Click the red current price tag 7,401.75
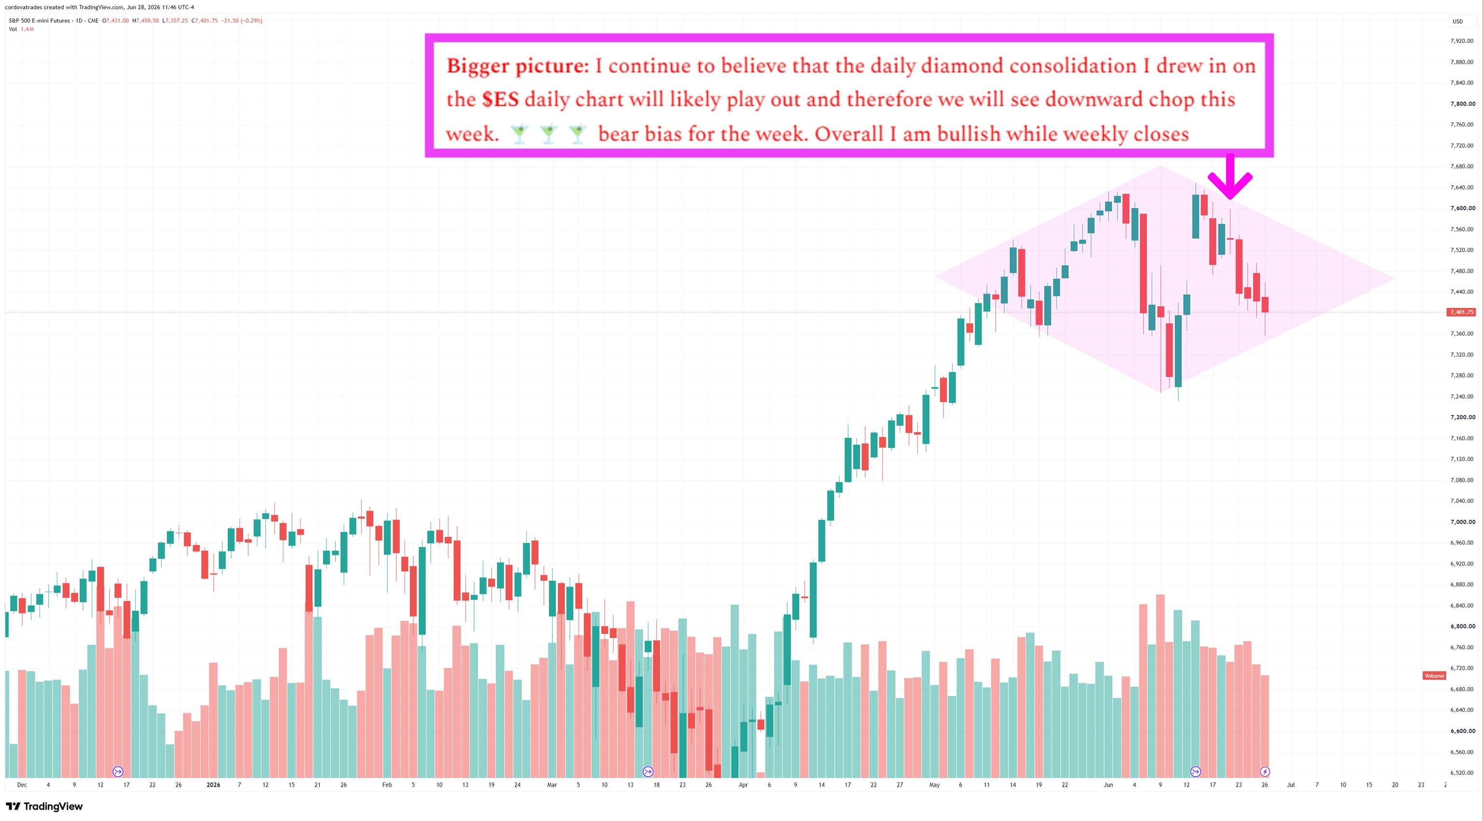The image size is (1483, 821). click(1462, 312)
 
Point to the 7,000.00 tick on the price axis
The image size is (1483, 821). click(1462, 522)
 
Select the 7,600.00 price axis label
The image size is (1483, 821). click(1462, 208)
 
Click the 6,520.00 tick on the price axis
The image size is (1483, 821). click(1462, 773)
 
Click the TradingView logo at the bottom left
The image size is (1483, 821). click(44, 806)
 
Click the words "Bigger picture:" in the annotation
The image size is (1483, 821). click(518, 66)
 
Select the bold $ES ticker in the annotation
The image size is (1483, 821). click(500, 100)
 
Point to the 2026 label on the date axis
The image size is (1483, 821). click(213, 785)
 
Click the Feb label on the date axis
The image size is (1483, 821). click(387, 785)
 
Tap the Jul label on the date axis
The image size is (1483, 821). click(1291, 785)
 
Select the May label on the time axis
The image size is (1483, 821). click(935, 785)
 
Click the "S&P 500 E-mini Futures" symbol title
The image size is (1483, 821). click(39, 21)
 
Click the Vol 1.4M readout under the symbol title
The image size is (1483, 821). click(21, 29)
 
